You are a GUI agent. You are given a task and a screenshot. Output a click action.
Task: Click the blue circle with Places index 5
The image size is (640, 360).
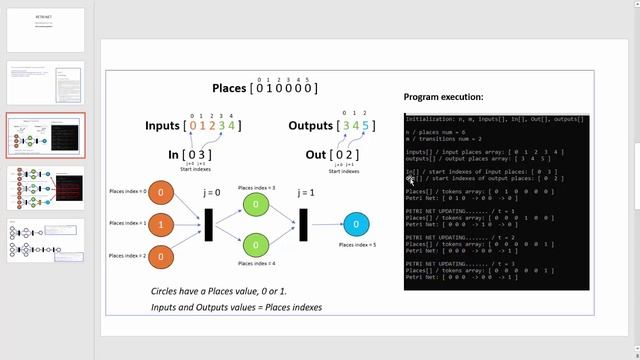355,224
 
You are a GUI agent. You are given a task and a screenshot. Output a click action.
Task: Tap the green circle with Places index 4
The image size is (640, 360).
256,244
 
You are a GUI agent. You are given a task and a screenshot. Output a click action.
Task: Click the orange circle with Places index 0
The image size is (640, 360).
163,192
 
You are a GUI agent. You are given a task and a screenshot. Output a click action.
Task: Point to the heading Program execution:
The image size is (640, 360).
443,97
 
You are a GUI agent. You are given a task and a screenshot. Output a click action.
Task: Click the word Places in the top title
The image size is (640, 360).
229,89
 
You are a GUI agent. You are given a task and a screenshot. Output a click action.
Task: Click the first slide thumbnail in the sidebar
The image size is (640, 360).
46,30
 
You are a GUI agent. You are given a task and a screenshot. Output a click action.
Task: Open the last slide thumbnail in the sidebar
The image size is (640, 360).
46,240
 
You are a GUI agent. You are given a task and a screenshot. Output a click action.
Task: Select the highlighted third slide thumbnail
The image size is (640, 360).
46,134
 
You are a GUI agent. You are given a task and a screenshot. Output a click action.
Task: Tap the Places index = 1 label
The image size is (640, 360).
128,223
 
